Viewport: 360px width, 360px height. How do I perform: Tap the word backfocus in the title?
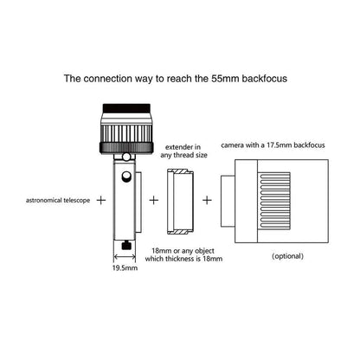point(265,79)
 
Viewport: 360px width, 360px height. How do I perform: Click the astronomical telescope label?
point(58,200)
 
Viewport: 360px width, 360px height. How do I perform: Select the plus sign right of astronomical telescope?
point(101,200)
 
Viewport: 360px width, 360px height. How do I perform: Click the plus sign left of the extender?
point(154,200)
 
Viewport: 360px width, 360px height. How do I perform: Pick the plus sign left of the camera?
point(207,200)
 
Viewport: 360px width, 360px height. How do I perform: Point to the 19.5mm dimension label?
point(125,268)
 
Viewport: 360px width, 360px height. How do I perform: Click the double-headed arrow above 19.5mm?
point(125,256)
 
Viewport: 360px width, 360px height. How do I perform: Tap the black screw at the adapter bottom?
point(126,246)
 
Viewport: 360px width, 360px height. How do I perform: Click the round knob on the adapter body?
point(125,177)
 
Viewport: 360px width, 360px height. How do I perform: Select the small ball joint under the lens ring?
point(125,157)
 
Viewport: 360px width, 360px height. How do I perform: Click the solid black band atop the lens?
point(126,108)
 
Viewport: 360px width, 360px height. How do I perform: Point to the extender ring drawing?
point(180,202)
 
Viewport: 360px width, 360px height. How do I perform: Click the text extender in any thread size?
point(183,151)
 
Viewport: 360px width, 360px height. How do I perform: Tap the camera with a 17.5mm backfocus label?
point(273,145)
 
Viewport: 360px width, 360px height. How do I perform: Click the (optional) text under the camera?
point(287,256)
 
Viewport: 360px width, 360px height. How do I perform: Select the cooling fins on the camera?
point(275,202)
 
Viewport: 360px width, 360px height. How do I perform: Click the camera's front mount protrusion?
point(228,201)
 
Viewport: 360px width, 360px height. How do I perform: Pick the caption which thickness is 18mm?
point(183,259)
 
